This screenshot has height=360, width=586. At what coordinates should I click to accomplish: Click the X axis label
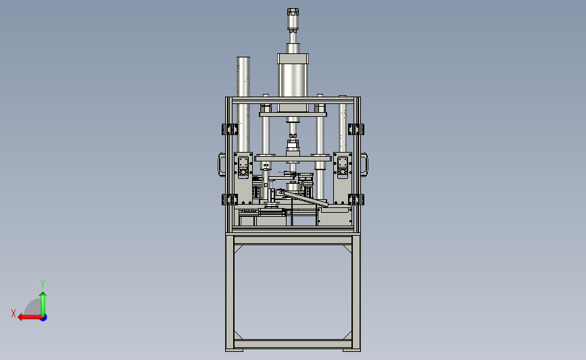click(14, 313)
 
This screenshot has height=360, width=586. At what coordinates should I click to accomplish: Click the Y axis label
click(43, 284)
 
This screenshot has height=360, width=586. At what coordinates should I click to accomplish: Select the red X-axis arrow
click(30, 317)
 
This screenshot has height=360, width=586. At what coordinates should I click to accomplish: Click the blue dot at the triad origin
click(44, 318)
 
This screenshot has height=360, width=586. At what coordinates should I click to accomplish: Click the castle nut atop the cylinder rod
click(293, 12)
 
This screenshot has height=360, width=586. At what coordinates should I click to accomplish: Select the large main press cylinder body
click(293, 83)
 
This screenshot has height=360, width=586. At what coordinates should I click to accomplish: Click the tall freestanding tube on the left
click(243, 105)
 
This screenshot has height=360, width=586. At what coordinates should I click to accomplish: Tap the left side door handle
click(221, 163)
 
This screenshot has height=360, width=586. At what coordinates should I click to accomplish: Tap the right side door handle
click(365, 163)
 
